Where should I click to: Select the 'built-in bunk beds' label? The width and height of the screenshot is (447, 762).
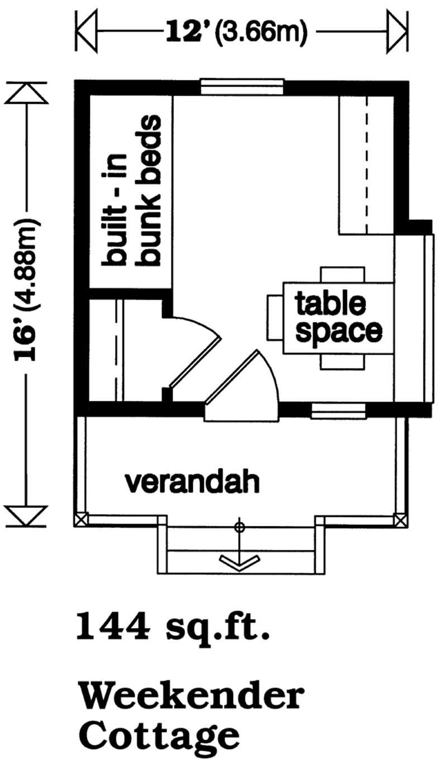click(x=132, y=190)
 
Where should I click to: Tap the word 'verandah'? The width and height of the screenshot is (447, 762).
click(x=192, y=481)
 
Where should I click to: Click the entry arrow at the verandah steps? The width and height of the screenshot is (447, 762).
click(x=240, y=560)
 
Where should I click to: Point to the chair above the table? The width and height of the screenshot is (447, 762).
click(x=344, y=275)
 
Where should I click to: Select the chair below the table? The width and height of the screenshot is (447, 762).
click(x=344, y=361)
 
